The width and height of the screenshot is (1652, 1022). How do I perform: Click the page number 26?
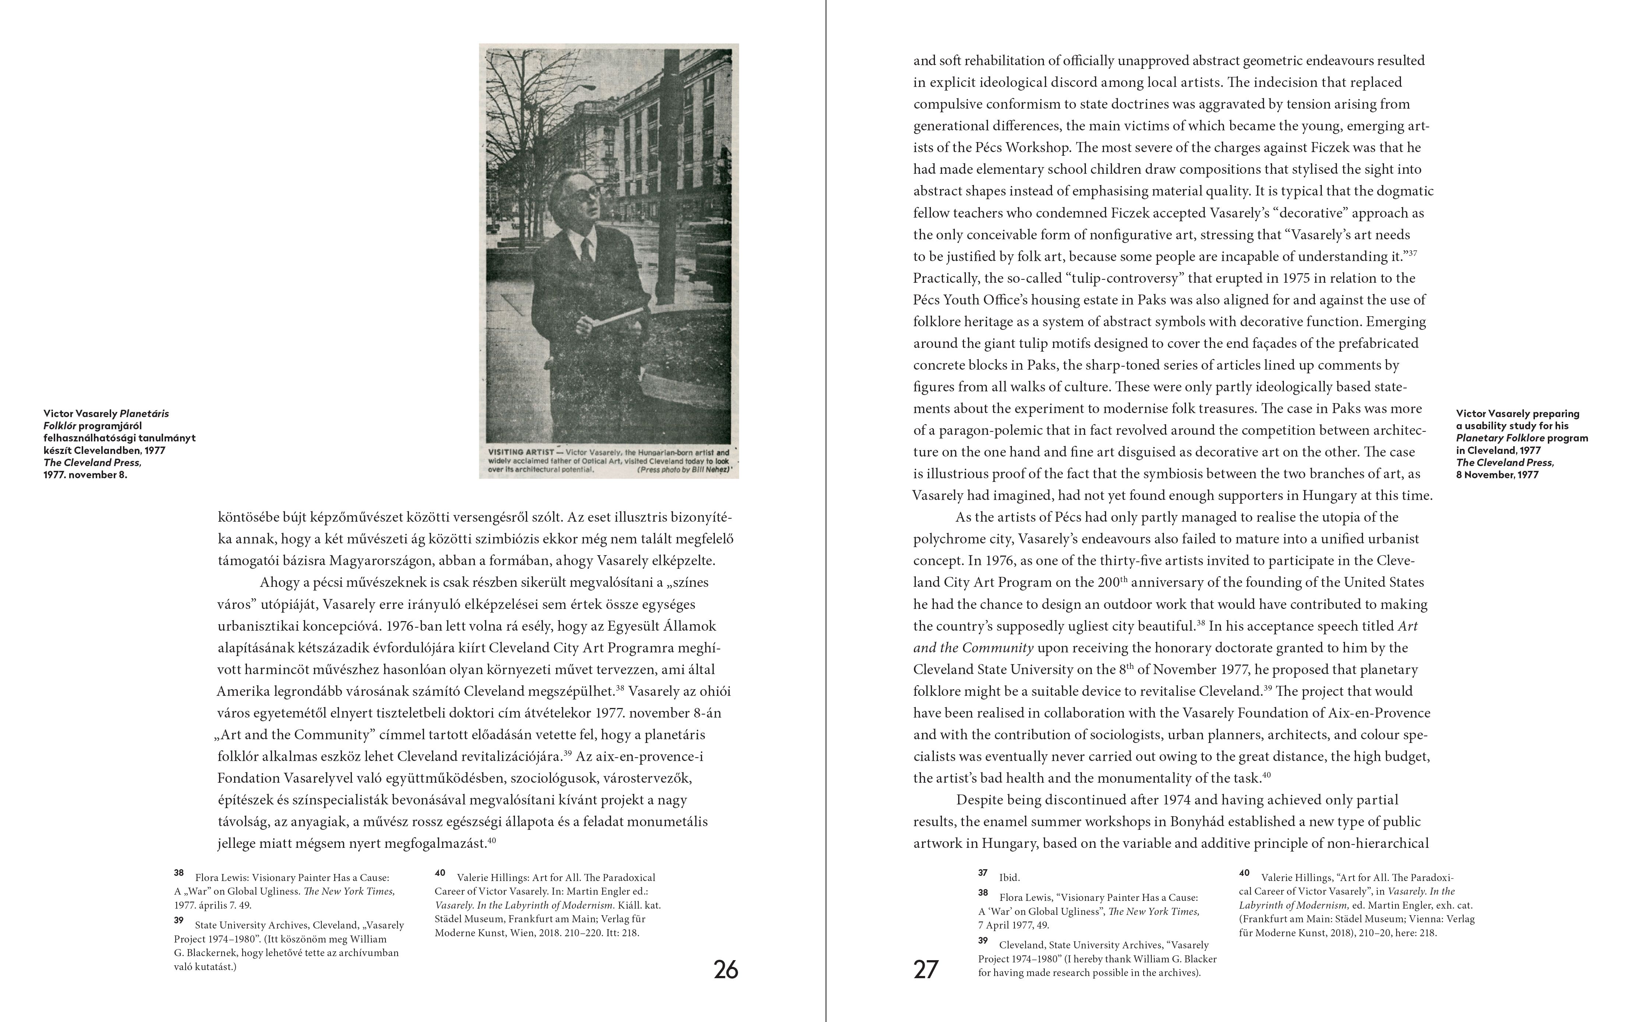(x=726, y=970)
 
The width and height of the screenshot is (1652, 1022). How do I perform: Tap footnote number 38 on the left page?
(x=179, y=873)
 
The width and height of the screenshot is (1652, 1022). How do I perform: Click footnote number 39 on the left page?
(x=179, y=921)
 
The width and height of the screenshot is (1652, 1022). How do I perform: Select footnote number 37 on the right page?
(x=982, y=873)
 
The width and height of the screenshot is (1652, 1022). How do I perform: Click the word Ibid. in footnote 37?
(x=1009, y=878)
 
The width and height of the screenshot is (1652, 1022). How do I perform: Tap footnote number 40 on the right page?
(x=1244, y=873)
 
